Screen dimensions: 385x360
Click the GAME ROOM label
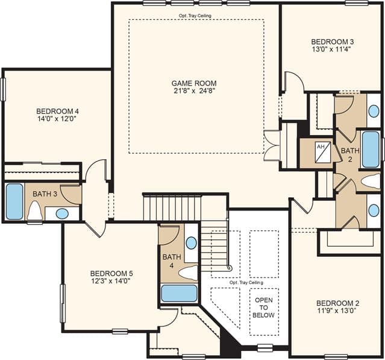194,83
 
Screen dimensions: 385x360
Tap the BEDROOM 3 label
333,42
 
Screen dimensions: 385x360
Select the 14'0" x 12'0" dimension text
57,119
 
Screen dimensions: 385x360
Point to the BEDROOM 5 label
111,273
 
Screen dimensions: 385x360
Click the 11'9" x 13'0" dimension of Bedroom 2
337,311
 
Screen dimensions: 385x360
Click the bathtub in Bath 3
14,201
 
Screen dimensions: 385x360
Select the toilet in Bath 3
34,210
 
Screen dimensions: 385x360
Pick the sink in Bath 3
62,213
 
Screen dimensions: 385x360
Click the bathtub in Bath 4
179,293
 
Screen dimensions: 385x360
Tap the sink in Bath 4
191,243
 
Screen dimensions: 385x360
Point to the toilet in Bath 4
188,273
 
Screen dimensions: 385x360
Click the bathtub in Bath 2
371,150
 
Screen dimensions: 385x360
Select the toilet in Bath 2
371,182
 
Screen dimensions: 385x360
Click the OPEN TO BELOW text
264,308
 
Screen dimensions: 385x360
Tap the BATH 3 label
45,194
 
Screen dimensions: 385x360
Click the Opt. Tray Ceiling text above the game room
195,16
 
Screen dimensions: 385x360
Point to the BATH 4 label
172,261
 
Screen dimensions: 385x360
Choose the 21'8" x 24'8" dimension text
194,91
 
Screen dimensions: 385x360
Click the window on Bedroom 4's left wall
3,89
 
